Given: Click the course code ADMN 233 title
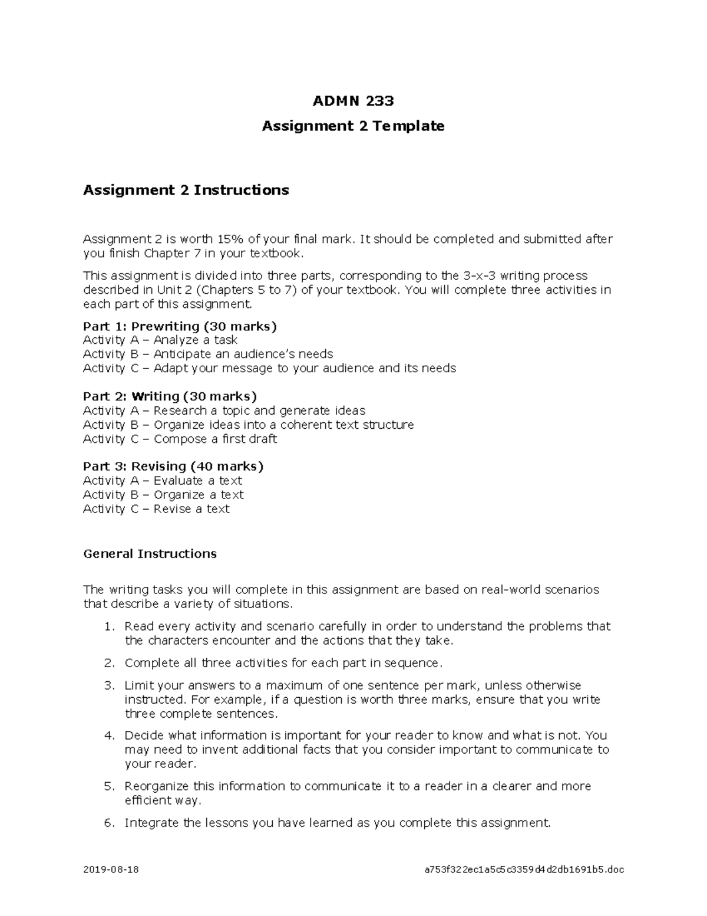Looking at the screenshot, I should point(353,101).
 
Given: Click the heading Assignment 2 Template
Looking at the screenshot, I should point(353,126).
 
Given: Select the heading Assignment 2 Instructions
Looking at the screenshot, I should point(186,190).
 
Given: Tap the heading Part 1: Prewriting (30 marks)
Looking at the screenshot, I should point(180,326).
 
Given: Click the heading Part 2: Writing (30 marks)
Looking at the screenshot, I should point(170,396).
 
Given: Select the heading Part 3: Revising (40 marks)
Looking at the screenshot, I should point(173,467).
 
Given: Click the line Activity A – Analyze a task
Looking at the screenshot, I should point(160,340).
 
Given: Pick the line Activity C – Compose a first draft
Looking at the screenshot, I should point(180,439).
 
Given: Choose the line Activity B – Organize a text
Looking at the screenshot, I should point(163,495).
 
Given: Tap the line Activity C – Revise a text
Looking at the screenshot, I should point(156,509).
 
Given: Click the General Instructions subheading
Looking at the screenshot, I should point(150,554).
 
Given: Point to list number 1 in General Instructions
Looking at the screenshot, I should point(109,626).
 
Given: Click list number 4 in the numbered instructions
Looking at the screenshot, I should point(109,736).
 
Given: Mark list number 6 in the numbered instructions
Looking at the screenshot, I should point(109,823).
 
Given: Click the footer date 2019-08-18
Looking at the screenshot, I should point(111,869).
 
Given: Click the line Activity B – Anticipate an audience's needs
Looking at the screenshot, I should point(208,354).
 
